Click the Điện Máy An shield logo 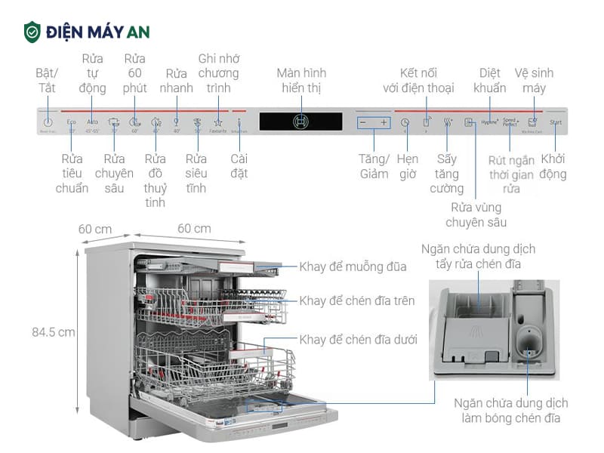(32, 32)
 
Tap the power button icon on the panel (48, 122)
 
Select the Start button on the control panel (556, 122)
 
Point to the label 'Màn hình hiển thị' (301, 81)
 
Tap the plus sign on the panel (384, 122)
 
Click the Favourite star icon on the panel (217, 122)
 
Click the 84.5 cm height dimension (54, 331)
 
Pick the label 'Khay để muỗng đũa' (353, 267)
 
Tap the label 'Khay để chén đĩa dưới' (358, 340)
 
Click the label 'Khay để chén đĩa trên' (356, 300)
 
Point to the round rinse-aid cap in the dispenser (528, 343)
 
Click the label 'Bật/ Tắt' (48, 81)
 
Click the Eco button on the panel (72, 122)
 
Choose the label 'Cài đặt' (239, 167)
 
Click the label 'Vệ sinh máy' (534, 81)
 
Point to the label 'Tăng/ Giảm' (374, 167)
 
